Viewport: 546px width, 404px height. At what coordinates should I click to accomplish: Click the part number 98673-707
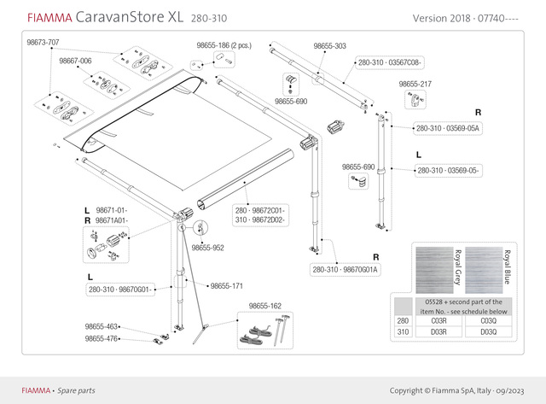(43, 42)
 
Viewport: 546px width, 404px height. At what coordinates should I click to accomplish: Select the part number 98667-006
(75, 61)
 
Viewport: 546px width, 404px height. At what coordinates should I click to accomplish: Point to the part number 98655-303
(330, 46)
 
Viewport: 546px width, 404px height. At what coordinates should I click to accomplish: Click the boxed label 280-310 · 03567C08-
(389, 62)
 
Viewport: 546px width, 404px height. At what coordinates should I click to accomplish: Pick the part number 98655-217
(415, 85)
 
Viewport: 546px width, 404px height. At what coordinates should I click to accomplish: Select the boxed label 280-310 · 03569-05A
(448, 128)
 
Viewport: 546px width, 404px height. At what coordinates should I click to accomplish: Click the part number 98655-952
(207, 248)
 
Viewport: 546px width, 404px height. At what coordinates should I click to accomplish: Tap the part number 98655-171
(227, 285)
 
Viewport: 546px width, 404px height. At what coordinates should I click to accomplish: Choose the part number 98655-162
(265, 306)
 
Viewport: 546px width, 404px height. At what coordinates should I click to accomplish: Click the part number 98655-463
(102, 327)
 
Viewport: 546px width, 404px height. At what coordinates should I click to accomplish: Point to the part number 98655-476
(102, 338)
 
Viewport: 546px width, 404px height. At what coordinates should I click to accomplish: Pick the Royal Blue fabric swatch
(490, 266)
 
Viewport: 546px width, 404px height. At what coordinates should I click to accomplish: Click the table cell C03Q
(490, 320)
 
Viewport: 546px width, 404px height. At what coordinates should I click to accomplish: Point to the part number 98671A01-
(111, 220)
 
